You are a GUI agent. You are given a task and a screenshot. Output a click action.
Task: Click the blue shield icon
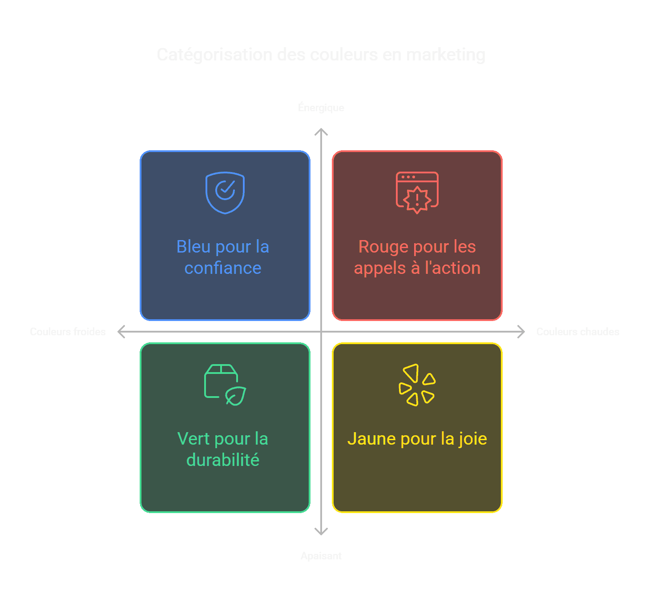(x=225, y=193)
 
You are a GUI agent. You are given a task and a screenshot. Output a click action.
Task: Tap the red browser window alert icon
(x=417, y=193)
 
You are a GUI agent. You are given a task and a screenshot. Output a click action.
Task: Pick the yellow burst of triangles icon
(x=417, y=385)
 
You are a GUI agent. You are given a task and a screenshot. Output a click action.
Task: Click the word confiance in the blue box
(x=223, y=268)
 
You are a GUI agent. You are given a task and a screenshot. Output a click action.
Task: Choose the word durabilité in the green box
(x=223, y=460)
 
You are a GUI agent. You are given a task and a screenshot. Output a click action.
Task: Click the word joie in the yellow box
(x=473, y=439)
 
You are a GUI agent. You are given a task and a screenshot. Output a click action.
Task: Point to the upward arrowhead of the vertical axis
(x=321, y=131)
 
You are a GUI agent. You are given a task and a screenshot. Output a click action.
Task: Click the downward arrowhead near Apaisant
(x=321, y=532)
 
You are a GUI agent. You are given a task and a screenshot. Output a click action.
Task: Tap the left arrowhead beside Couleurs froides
(x=121, y=332)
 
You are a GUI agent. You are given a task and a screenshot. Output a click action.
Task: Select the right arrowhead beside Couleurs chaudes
(x=522, y=332)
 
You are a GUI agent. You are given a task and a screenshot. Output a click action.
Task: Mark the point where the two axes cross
(x=321, y=332)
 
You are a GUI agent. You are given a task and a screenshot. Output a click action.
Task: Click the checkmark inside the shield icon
(x=226, y=190)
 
